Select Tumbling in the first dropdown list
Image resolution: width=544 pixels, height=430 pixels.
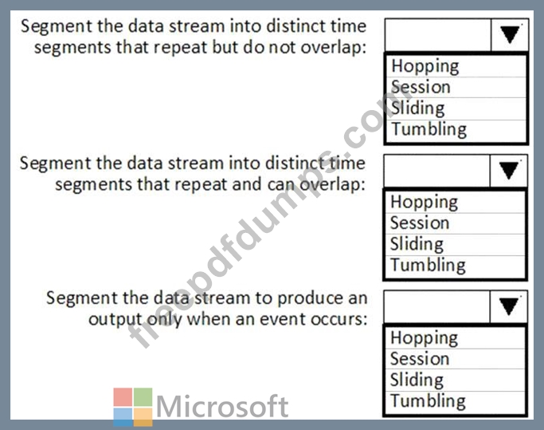point(429,130)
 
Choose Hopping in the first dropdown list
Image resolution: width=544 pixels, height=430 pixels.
point(425,67)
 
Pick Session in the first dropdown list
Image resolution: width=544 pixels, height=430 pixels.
point(421,87)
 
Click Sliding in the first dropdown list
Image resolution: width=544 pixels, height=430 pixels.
point(417,108)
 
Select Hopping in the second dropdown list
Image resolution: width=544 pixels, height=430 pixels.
point(424,203)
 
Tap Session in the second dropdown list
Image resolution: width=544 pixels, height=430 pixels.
point(420,223)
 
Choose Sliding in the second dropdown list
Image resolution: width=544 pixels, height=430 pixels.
point(417,244)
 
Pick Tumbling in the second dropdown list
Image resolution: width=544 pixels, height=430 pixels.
point(428,266)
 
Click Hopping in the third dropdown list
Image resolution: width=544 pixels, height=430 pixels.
point(424,338)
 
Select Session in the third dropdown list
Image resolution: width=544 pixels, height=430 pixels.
point(420,359)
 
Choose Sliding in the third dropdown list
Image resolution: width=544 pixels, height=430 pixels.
point(417,381)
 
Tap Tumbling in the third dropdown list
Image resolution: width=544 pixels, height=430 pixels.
point(428,401)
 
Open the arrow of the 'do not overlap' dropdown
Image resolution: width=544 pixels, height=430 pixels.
point(510,35)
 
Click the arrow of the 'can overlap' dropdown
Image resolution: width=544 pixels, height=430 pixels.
point(509,171)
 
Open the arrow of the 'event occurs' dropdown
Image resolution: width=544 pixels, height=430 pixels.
point(509,306)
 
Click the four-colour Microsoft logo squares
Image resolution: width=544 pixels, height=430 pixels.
point(133,407)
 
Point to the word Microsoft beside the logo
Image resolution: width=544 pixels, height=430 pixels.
point(222,406)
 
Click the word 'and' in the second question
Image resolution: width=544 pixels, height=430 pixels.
point(247,184)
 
